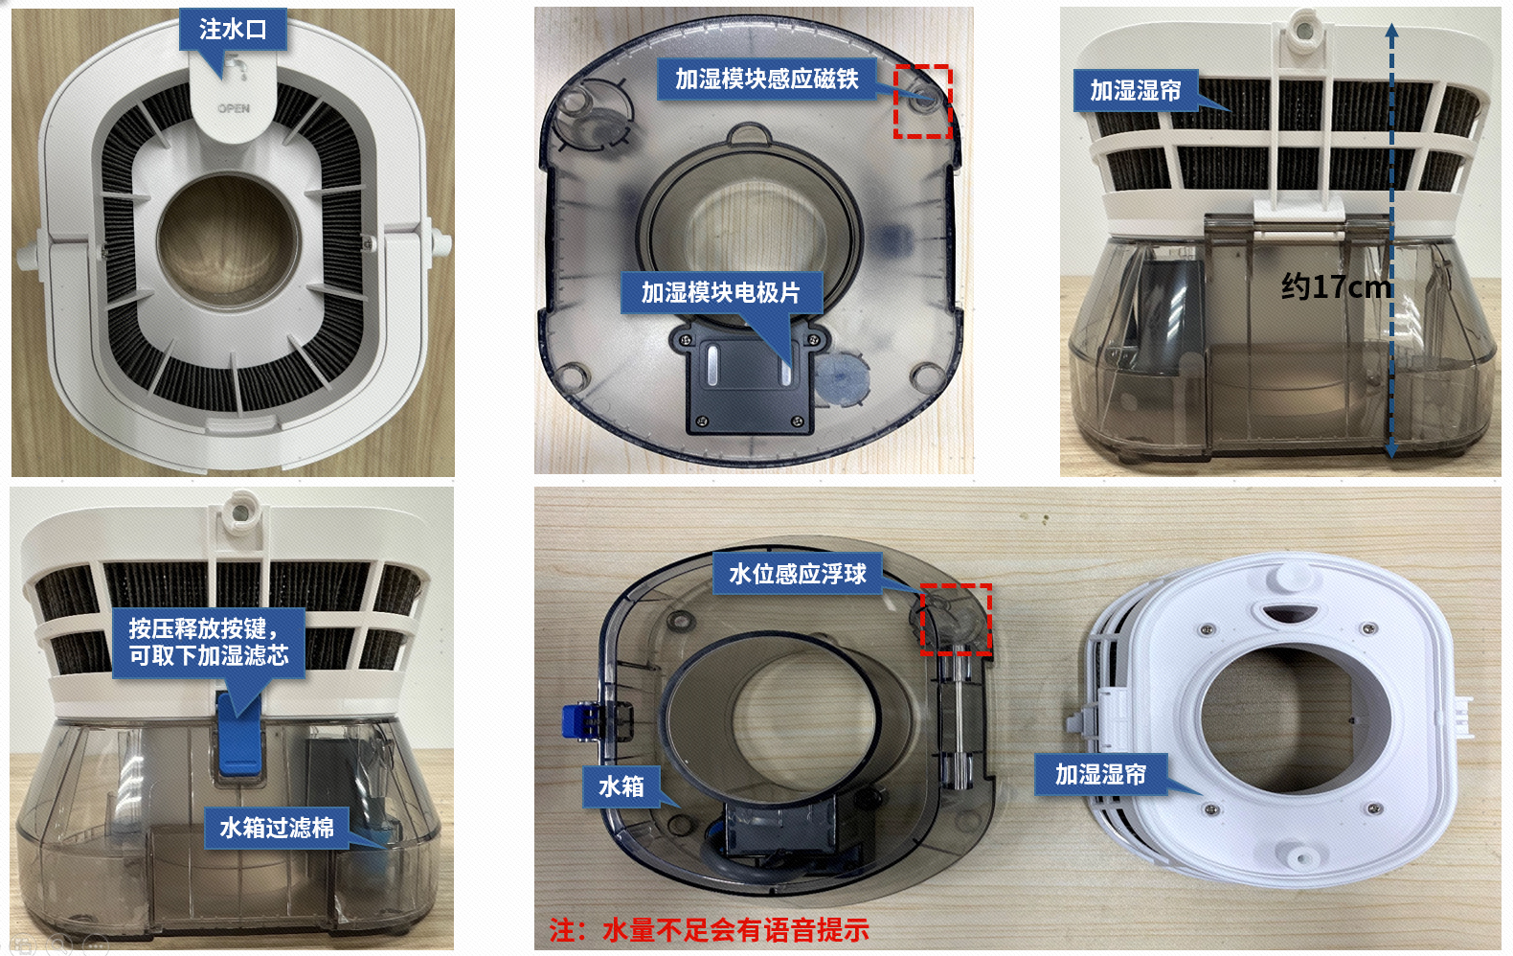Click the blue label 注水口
[x=233, y=29]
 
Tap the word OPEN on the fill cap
[x=234, y=108]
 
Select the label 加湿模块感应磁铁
[x=767, y=80]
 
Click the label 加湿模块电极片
[x=721, y=292]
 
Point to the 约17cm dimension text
[x=1336, y=287]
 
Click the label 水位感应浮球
[x=797, y=574]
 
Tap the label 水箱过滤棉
[x=277, y=828]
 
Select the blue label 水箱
[x=621, y=786]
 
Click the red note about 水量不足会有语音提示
[x=710, y=930]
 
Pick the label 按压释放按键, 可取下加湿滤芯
[x=209, y=643]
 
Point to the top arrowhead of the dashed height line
[x=1391, y=30]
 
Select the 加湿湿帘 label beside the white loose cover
[x=1101, y=774]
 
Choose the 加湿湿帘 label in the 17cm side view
[x=1136, y=91]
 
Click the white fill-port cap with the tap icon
[x=233, y=95]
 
